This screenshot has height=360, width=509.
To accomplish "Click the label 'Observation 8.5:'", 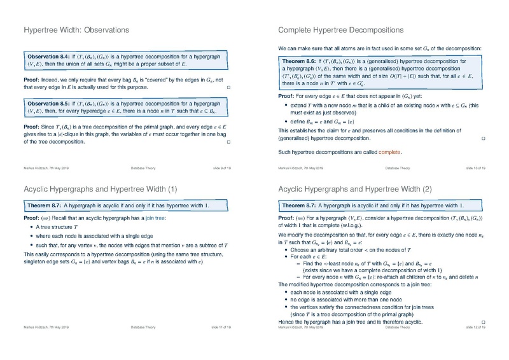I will tap(48, 102).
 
